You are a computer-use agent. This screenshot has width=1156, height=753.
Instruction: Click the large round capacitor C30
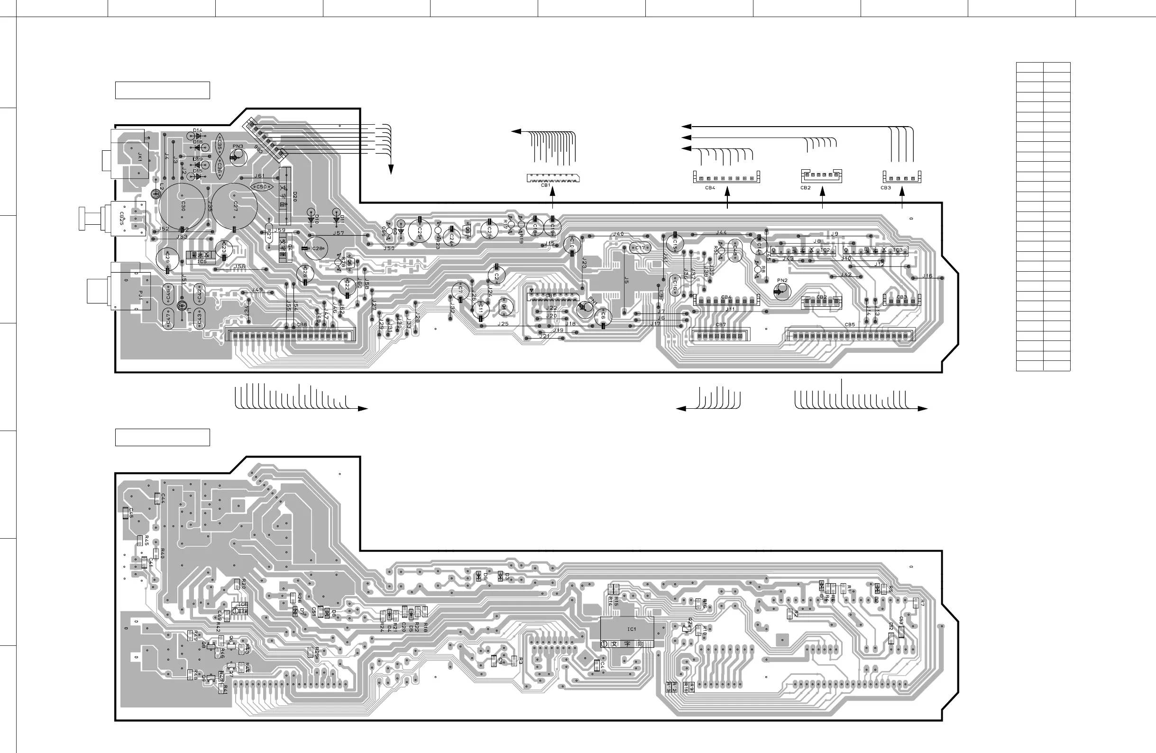click(182, 206)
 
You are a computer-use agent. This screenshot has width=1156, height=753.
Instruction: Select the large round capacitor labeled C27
click(235, 206)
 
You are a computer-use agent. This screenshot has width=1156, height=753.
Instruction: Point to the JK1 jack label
click(139, 156)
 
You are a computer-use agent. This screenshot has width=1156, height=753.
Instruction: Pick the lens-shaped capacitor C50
click(261, 186)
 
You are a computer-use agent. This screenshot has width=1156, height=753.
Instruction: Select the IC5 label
click(202, 262)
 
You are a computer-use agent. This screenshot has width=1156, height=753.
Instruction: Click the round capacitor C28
click(317, 248)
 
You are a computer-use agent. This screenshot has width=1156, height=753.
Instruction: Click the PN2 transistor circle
click(782, 291)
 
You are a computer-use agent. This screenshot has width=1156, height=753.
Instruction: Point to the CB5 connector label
click(850, 325)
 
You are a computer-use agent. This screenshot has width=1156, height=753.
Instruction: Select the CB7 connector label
click(721, 325)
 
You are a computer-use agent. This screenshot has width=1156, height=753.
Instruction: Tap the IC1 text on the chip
click(631, 629)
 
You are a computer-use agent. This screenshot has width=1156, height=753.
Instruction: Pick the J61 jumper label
click(259, 176)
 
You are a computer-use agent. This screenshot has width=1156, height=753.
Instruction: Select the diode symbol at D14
click(198, 137)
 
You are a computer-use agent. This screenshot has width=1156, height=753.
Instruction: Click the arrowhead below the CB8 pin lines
click(362, 409)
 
